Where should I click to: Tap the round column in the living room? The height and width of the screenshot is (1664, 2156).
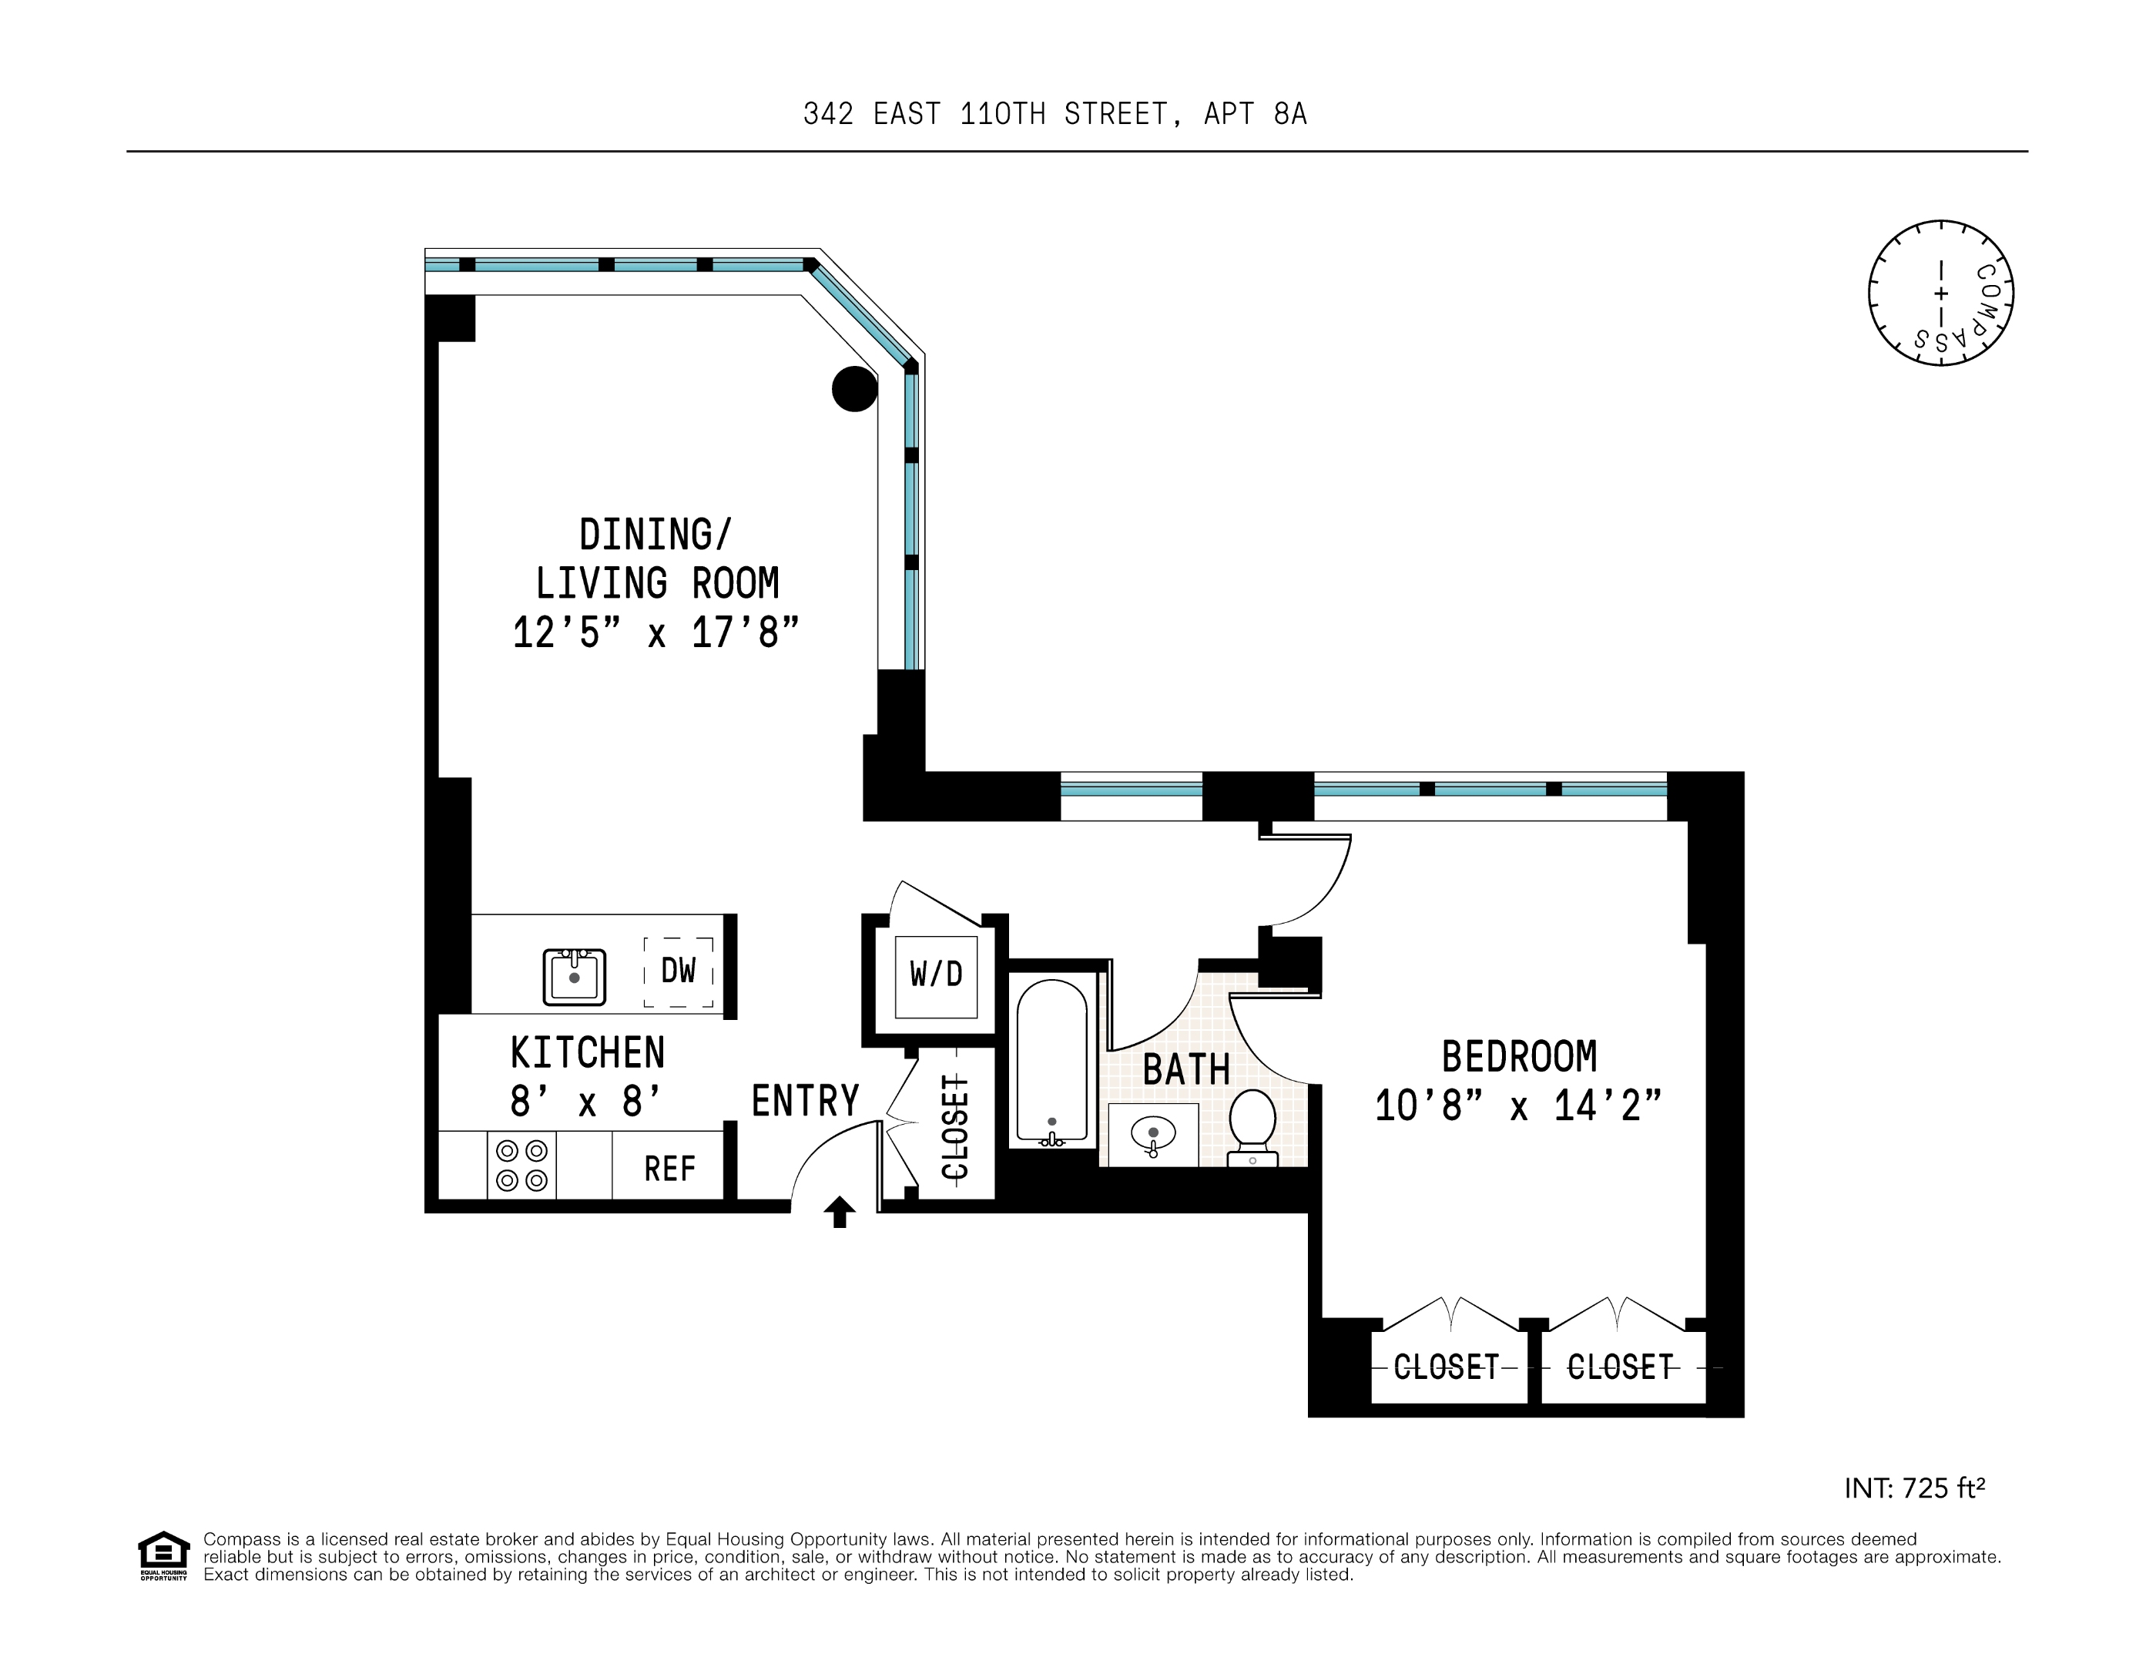click(855, 388)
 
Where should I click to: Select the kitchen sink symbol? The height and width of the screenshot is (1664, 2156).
click(574, 976)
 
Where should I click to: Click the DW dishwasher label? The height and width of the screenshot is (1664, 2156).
click(678, 971)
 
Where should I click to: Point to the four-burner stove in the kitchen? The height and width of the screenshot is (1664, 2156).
click(521, 1166)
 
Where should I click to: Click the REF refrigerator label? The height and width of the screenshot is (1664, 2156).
click(669, 1169)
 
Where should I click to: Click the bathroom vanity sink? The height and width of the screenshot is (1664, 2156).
click(1153, 1135)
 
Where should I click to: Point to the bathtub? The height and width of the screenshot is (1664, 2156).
click(1052, 1062)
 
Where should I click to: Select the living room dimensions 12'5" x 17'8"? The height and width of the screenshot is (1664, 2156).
click(655, 632)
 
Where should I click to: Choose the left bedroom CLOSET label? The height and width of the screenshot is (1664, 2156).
click(1447, 1367)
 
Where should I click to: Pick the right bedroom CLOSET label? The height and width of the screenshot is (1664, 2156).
click(1620, 1367)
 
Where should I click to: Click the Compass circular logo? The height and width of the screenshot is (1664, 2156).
click(1941, 294)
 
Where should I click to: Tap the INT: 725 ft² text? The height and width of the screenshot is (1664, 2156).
click(1914, 1488)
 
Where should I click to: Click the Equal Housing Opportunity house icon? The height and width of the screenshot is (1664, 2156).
click(163, 1555)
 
